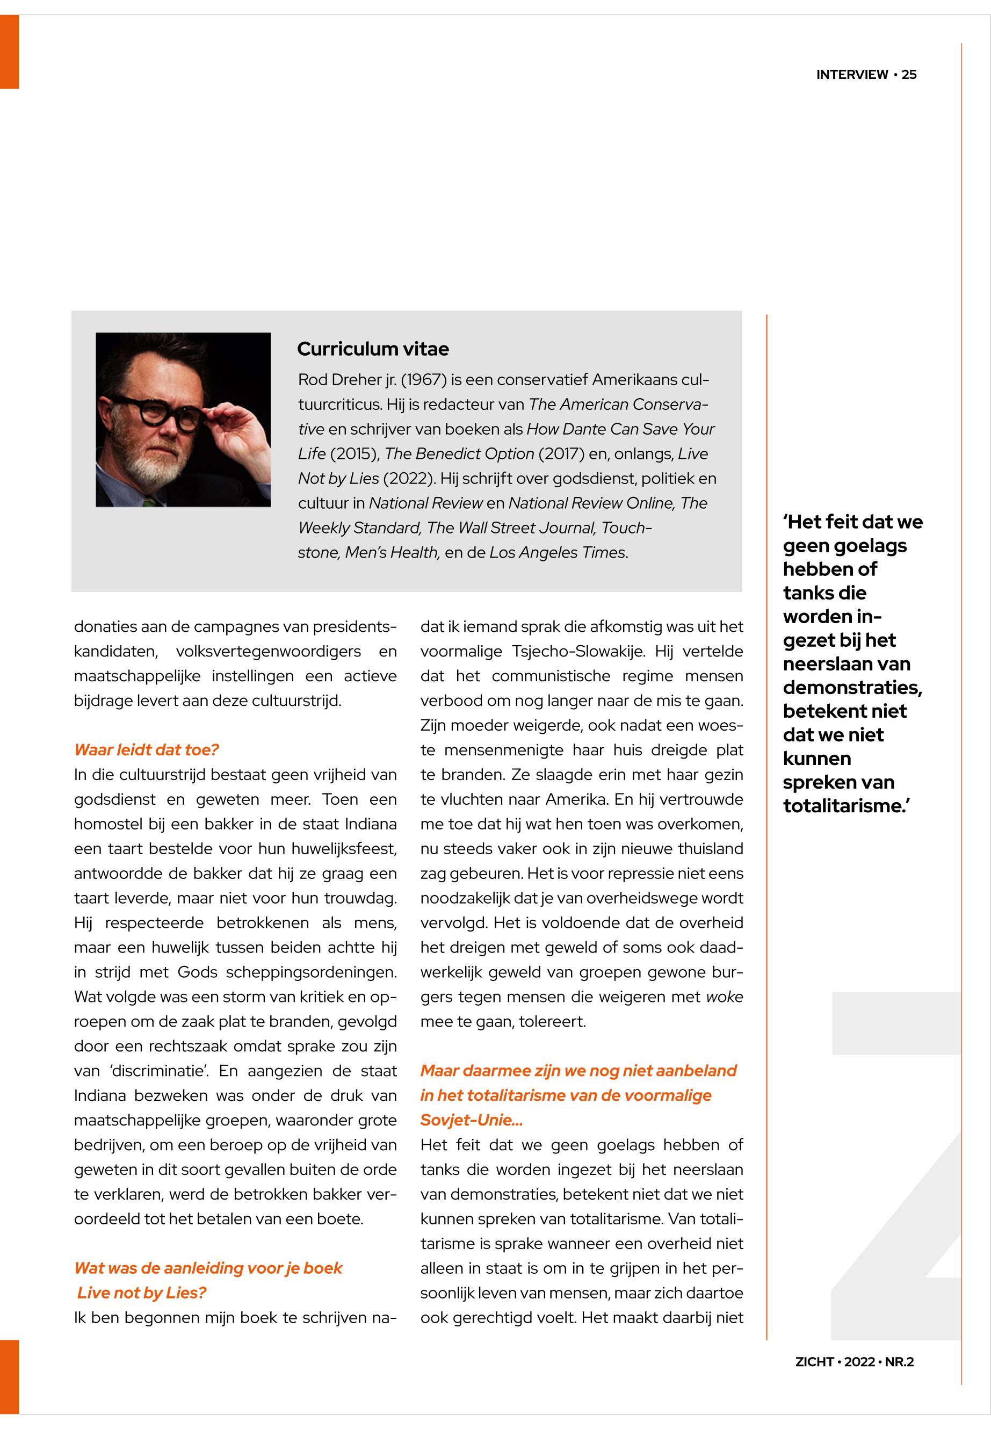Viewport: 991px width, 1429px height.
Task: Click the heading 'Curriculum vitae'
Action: pyautogui.click(x=373, y=349)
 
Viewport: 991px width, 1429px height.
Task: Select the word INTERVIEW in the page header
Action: pyautogui.click(x=852, y=75)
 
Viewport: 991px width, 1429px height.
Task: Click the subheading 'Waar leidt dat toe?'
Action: pyautogui.click(x=147, y=749)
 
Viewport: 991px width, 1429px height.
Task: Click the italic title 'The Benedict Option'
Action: pyautogui.click(x=459, y=454)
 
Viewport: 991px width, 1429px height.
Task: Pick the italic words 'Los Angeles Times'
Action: pyautogui.click(x=557, y=553)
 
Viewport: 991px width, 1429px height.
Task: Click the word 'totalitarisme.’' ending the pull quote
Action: pyautogui.click(x=847, y=806)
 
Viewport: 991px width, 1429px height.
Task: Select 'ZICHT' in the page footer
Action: pyautogui.click(x=814, y=1362)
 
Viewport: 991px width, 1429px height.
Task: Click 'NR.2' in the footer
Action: pyautogui.click(x=899, y=1362)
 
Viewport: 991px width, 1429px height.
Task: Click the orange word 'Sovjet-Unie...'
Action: pyautogui.click(x=471, y=1120)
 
